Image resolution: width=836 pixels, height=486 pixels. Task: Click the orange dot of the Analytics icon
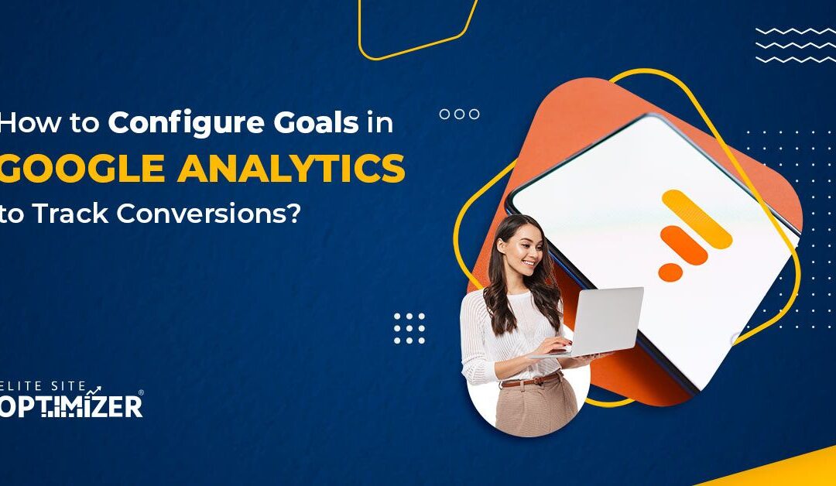pos(670,272)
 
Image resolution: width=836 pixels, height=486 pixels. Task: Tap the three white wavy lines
pos(793,45)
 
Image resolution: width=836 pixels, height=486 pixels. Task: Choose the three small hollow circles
pos(459,115)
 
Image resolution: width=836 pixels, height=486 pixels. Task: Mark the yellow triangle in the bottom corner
pos(782,470)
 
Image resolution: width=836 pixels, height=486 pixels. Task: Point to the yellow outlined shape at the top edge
pos(419,27)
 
